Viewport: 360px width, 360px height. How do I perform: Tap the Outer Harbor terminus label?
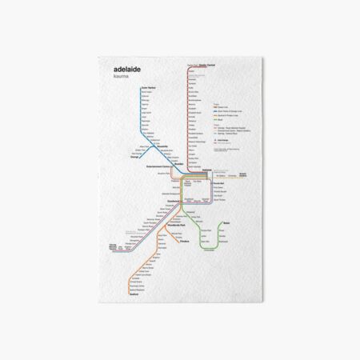point(149,87)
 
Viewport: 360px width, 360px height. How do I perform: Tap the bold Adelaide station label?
point(207,170)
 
